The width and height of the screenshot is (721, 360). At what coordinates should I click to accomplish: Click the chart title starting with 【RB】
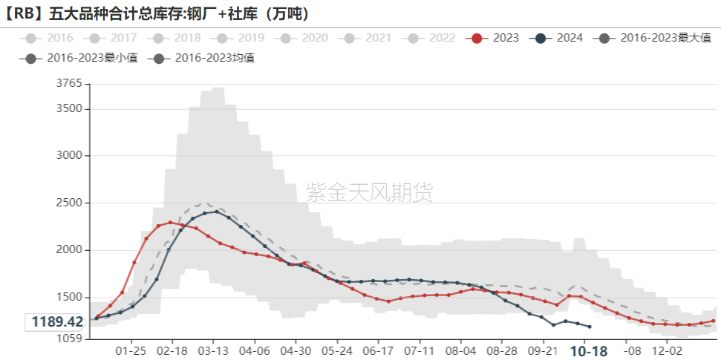click(156, 13)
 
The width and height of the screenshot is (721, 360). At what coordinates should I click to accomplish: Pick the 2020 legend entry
click(305, 38)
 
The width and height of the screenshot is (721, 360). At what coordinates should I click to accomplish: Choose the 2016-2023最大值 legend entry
click(654, 38)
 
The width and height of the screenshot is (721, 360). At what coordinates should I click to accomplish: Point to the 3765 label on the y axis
click(69, 84)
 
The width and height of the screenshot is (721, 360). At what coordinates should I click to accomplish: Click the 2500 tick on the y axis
click(69, 203)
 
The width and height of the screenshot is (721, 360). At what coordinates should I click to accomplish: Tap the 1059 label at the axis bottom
click(69, 338)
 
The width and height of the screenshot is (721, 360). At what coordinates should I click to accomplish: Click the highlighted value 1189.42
click(56, 321)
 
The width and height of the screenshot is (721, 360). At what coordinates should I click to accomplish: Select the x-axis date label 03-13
click(213, 350)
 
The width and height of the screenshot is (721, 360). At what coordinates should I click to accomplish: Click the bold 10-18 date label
click(589, 350)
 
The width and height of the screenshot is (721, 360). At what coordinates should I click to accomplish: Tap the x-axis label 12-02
click(667, 350)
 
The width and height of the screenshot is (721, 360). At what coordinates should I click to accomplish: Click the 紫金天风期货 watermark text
click(369, 193)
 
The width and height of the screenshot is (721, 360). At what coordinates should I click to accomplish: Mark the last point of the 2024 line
click(590, 327)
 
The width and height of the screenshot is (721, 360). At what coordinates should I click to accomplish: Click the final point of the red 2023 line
click(714, 321)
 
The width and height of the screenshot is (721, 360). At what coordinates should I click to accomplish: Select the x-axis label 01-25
click(131, 350)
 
